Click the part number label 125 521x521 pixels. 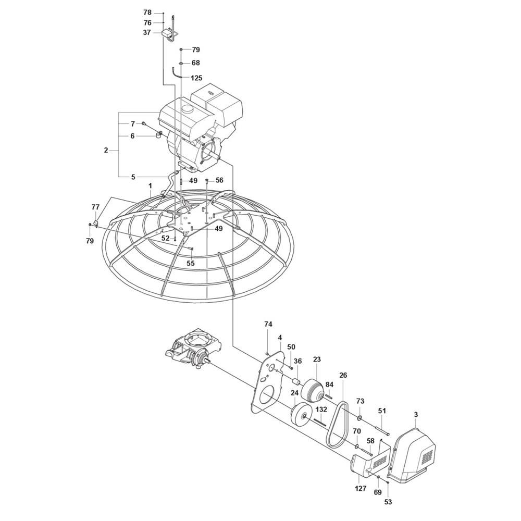point(196,78)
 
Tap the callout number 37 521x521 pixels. point(147,32)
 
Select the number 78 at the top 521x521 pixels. point(147,13)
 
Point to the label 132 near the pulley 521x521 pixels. point(321,410)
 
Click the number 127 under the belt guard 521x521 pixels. point(361,488)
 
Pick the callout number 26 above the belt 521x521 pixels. point(343,375)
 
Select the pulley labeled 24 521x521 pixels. point(301,414)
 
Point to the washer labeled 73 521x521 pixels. point(360,417)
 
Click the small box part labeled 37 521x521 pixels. point(166,33)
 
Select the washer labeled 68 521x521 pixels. point(181,63)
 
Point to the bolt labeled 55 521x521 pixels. point(190,249)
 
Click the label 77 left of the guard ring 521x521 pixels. point(95,207)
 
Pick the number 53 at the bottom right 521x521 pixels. point(388,502)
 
